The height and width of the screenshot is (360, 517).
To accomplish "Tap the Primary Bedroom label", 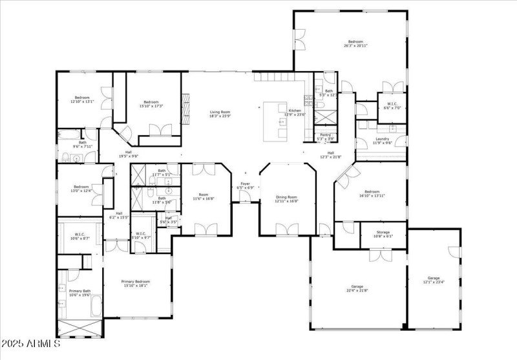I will (x=136, y=282).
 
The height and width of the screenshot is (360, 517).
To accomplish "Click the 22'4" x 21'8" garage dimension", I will (x=359, y=290).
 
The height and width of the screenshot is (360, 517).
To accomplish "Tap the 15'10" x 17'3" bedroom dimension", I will (x=151, y=105).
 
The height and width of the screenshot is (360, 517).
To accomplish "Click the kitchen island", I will (x=276, y=120).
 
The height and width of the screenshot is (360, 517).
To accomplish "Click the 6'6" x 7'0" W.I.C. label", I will (x=392, y=107).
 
